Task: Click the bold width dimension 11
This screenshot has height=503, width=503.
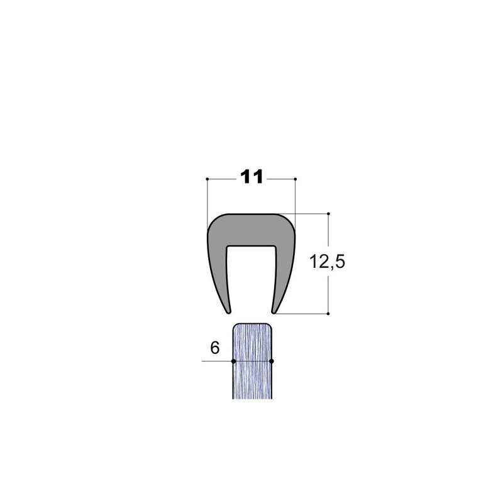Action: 251,177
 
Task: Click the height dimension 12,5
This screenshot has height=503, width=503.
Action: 327,262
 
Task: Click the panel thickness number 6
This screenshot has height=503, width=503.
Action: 215,348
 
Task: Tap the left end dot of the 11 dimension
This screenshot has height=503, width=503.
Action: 207,179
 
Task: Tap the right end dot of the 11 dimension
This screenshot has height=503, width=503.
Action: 295,179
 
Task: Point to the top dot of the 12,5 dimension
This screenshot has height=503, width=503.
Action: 328,214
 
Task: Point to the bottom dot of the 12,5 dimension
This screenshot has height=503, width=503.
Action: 328,313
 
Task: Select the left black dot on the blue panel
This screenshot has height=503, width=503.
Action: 233,361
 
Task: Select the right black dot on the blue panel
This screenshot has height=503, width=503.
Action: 272,361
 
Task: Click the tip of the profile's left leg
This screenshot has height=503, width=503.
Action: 229,312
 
